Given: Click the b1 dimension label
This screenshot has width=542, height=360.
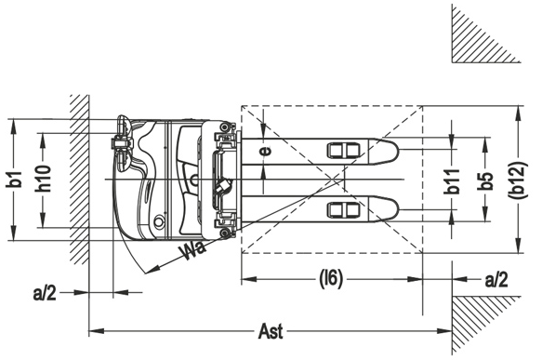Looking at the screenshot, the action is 14,180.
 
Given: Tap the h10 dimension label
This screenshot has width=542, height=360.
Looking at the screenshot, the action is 44,179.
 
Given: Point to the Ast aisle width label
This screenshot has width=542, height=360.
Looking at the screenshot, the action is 271,331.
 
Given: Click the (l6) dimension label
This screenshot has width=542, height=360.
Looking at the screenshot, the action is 331,279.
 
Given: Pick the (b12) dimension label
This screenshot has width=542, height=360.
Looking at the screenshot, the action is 518,180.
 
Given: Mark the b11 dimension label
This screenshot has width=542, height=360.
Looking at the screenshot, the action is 452,180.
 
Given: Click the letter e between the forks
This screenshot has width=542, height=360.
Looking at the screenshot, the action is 266,151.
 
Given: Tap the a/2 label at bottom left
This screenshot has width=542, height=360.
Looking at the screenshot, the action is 45,293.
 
